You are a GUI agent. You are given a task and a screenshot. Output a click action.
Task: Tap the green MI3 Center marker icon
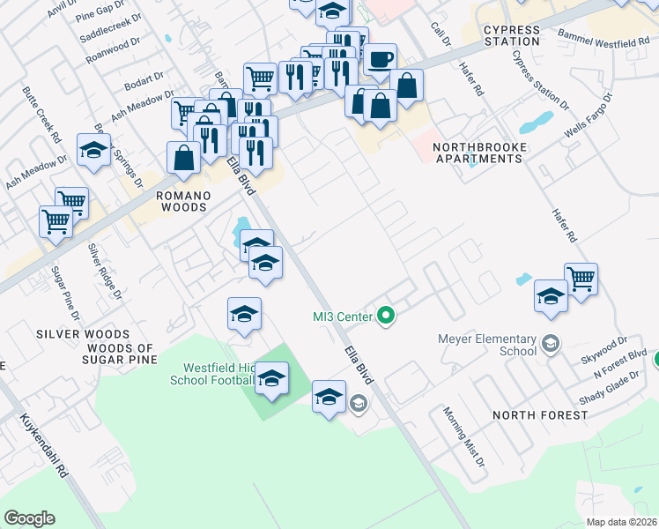click(x=385, y=315)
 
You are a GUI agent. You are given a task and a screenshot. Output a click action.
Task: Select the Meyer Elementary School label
click(x=487, y=345)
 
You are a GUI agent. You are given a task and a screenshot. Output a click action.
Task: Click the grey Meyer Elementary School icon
click(x=552, y=344)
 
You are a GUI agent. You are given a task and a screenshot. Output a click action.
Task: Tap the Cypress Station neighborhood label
click(x=511, y=35)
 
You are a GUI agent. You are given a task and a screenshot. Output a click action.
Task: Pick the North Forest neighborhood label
click(x=540, y=415)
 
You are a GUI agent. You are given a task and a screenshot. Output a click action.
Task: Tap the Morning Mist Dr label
click(x=464, y=437)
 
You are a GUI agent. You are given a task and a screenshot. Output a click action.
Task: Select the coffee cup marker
click(x=380, y=61)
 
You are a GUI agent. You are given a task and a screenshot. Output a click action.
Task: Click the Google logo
click(x=29, y=518)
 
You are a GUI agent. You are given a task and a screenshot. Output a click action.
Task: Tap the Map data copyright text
click(x=621, y=522)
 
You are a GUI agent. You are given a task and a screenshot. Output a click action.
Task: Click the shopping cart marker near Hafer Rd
click(x=581, y=279)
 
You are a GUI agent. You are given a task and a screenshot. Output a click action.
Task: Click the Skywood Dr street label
click(x=603, y=346)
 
